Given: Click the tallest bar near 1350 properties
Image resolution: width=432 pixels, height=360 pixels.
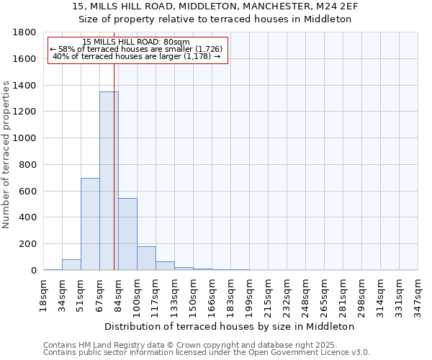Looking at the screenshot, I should (109, 180).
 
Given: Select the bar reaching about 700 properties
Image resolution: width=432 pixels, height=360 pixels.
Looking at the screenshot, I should (90, 224).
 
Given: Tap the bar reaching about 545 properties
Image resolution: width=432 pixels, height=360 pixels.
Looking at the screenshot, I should (127, 234).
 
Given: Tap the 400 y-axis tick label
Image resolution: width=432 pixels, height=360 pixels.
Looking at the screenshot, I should (27, 217).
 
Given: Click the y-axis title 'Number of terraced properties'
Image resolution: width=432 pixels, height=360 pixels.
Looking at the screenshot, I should (7, 155).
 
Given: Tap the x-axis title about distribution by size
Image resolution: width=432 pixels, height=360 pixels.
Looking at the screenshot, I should (235, 326).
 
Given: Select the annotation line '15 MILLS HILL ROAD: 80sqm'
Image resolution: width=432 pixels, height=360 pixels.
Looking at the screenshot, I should (136, 42).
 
